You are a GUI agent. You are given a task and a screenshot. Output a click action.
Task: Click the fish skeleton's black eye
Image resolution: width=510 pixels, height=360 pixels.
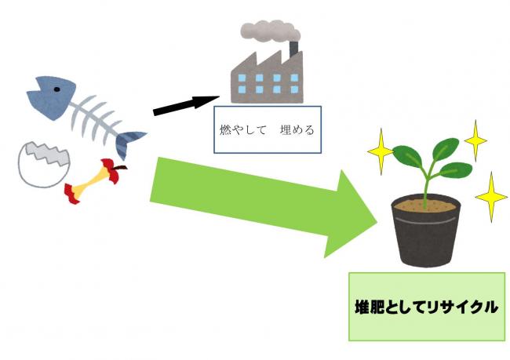click(x=57, y=89)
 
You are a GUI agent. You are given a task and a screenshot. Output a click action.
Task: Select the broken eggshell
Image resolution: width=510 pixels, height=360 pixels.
click(x=44, y=165)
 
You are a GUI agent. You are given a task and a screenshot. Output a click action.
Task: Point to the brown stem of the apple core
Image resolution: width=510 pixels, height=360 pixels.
click(x=120, y=168)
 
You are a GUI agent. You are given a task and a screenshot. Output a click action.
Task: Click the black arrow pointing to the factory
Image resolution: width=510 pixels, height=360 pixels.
click(x=186, y=105)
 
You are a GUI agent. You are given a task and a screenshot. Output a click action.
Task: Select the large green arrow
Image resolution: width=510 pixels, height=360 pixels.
click(x=264, y=205)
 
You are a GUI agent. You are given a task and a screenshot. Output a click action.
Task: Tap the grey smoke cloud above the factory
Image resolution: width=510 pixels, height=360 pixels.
click(x=270, y=31)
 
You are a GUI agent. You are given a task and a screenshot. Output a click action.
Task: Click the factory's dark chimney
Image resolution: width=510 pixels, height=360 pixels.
click(x=293, y=49)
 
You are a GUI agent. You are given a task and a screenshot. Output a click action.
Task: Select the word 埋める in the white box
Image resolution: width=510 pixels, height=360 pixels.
click(x=297, y=130)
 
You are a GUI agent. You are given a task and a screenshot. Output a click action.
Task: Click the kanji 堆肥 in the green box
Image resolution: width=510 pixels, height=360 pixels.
click(x=370, y=307)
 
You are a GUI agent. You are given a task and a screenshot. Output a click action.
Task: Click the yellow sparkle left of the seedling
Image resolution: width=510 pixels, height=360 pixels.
click(x=381, y=151)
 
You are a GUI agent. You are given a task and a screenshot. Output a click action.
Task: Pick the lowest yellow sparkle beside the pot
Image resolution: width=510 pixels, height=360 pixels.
click(x=491, y=197)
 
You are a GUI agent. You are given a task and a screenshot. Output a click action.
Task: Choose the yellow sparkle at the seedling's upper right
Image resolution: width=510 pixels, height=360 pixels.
click(x=475, y=140)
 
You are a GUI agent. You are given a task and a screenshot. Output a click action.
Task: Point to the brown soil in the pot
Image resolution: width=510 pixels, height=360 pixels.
click(x=425, y=205)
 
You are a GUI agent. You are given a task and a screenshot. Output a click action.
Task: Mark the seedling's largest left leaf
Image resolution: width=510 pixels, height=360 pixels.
click(x=407, y=156)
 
